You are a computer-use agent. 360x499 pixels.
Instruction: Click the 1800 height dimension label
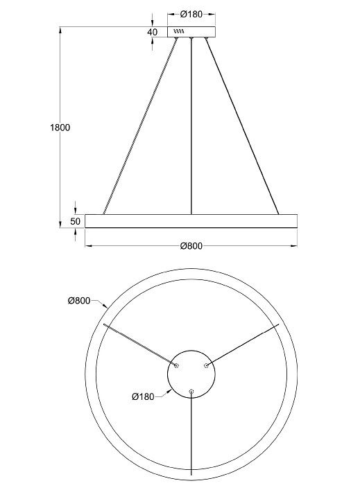pos(60,128)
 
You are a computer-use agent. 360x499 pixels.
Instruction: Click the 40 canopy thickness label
pos(153,32)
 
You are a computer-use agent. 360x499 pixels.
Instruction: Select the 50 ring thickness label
pos(76,221)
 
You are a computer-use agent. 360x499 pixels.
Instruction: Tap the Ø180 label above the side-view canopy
pos(191,15)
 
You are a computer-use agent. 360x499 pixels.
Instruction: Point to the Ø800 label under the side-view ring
pos(191,246)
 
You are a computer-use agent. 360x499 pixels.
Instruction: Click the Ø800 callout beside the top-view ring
pos(79,300)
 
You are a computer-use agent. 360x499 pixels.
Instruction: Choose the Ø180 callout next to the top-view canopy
pos(143,396)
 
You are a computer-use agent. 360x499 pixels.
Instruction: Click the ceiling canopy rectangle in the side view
pos(191,32)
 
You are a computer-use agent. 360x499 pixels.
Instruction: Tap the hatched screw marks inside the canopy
pos(179,31)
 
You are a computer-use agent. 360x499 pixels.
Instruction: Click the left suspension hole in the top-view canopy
pos(177,365)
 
